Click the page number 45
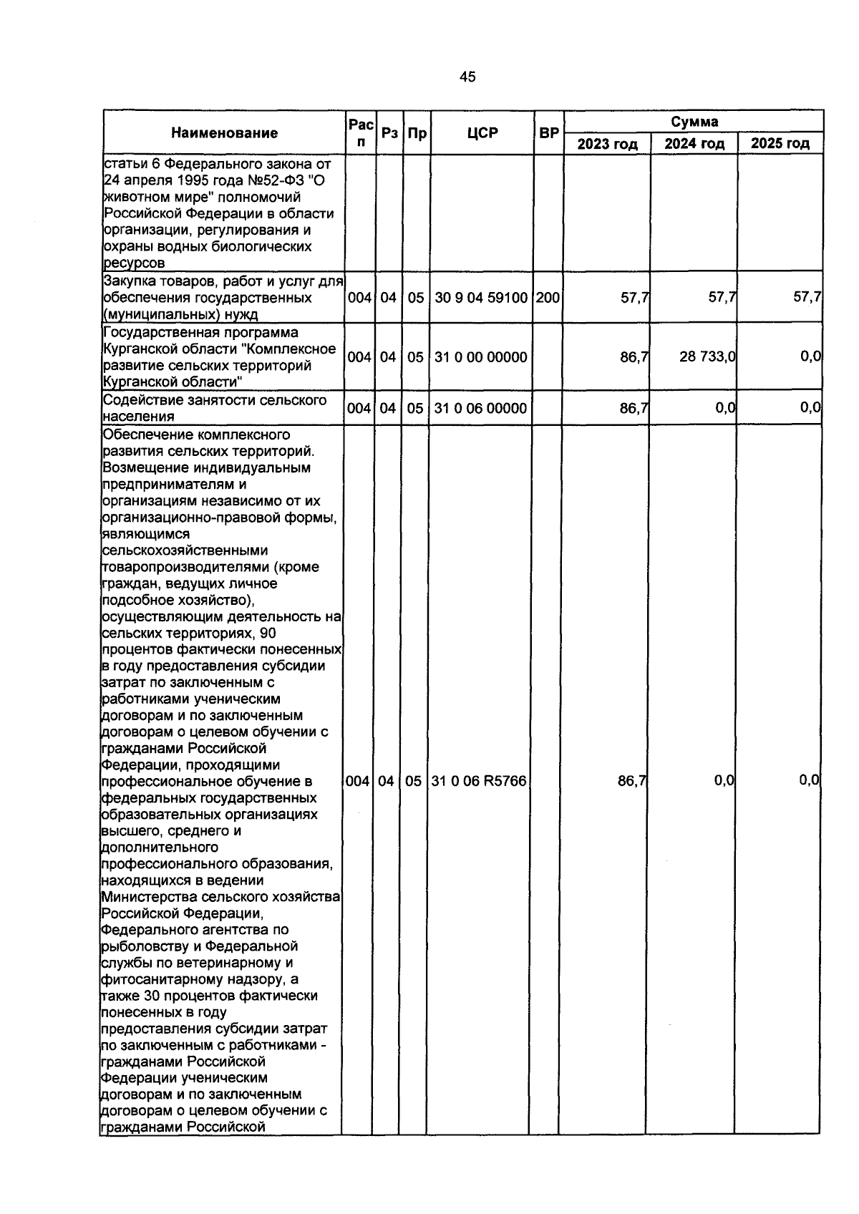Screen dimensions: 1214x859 (x=467, y=77)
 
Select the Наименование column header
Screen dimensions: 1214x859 (x=224, y=133)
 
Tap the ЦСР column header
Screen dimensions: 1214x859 (x=482, y=133)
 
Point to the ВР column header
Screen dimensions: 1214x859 (x=549, y=133)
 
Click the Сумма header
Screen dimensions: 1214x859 (x=694, y=122)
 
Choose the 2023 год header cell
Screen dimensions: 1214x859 (x=607, y=144)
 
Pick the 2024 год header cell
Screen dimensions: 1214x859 (x=694, y=144)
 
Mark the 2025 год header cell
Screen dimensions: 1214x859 (x=780, y=144)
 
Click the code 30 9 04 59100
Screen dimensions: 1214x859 (x=481, y=297)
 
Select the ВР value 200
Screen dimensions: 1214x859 (x=548, y=297)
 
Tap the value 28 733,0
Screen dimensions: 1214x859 (x=707, y=356)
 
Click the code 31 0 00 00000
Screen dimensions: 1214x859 (x=481, y=357)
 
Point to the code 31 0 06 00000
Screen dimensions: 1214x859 (x=481, y=409)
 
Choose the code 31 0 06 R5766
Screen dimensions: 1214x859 (x=479, y=782)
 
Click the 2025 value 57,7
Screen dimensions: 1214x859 (x=807, y=297)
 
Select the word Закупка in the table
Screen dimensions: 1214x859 (x=129, y=281)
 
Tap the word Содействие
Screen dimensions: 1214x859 (x=139, y=400)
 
